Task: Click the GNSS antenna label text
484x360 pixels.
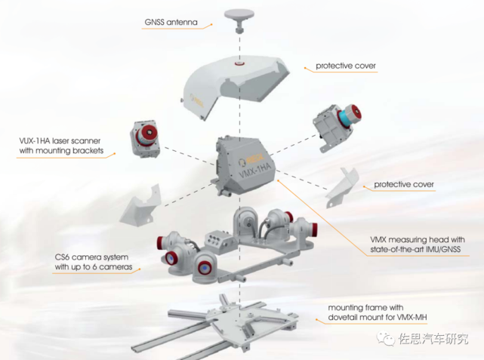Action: click(171, 22)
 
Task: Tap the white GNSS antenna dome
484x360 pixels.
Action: click(239, 14)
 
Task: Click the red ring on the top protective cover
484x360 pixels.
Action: click(239, 63)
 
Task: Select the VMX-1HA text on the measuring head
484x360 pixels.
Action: click(255, 171)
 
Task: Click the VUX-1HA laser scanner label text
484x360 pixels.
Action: click(61, 146)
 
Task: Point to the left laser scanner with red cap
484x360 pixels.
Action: click(144, 140)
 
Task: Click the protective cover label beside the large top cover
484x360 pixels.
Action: click(346, 66)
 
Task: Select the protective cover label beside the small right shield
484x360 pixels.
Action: click(404, 184)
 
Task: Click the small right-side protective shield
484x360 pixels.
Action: click(342, 188)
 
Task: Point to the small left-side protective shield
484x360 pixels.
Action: click(141, 206)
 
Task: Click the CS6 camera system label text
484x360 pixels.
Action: click(94, 262)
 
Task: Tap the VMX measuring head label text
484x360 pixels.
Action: click(418, 245)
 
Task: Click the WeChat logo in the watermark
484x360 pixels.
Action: click(386, 339)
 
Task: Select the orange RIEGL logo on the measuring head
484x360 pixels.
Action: click(251, 160)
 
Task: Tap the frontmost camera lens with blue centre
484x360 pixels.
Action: click(203, 269)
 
